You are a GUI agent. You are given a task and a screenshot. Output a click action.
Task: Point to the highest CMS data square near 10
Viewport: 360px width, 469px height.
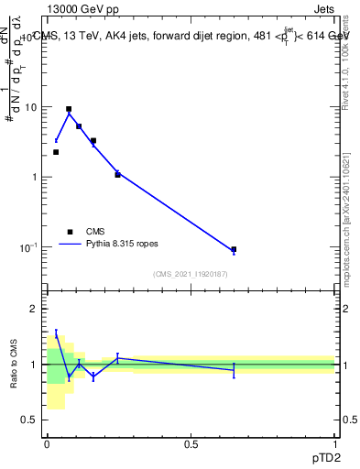pyautogui.click(x=69, y=109)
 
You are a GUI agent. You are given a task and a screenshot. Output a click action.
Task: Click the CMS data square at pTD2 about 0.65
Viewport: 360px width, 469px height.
pyautogui.click(x=234, y=249)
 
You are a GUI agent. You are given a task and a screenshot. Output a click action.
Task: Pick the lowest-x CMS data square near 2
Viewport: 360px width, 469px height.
pyautogui.click(x=56, y=152)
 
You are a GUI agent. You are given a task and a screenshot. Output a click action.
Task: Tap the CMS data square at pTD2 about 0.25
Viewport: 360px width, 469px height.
pyautogui.click(x=117, y=174)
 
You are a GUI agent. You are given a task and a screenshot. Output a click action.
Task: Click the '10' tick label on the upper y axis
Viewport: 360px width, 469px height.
pyautogui.click(x=30, y=107)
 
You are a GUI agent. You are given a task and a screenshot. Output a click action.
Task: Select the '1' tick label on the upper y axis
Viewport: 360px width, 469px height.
pyautogui.click(x=34, y=177)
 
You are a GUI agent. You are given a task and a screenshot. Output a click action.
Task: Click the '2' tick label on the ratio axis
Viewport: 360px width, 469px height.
pyautogui.click(x=34, y=309)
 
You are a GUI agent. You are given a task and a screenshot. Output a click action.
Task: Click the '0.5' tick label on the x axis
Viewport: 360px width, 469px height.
pyautogui.click(x=191, y=444)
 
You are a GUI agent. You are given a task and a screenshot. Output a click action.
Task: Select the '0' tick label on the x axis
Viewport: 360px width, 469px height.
pyautogui.click(x=47, y=444)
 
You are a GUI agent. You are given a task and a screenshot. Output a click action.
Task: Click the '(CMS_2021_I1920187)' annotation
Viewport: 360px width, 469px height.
pyautogui.click(x=190, y=274)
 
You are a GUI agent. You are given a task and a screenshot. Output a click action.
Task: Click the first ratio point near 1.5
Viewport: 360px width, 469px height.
pyautogui.click(x=56, y=334)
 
